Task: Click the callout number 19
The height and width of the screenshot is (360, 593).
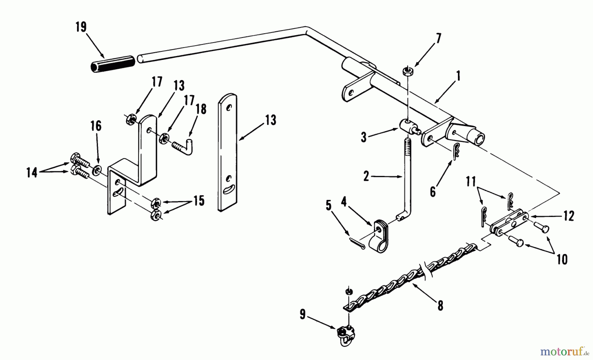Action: point(81,27)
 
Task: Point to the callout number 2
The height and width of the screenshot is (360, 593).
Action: point(366,177)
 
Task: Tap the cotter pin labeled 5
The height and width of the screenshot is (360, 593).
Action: point(357,243)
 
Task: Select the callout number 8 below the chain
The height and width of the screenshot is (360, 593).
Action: point(440,306)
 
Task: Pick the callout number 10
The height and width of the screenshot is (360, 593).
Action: point(562,260)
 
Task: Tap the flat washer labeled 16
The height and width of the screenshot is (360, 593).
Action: point(98,170)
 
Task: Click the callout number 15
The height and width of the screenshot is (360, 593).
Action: point(199,200)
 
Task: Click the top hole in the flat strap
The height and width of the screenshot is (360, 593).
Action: point(229,107)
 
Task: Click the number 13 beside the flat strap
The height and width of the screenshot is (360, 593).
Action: point(270,120)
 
